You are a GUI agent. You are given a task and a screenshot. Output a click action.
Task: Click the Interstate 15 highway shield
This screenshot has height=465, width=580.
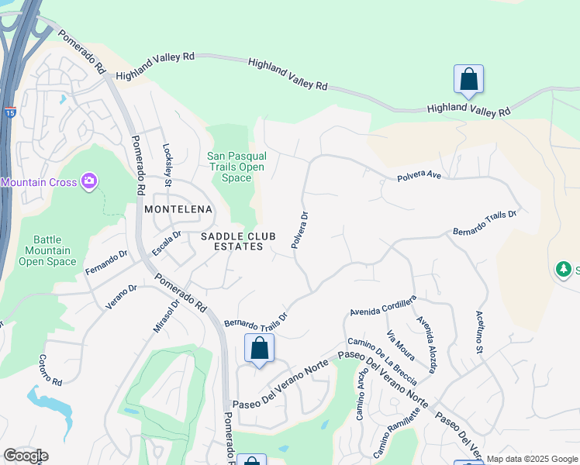(10, 112)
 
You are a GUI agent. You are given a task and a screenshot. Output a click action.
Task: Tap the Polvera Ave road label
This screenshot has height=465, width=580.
(419, 177)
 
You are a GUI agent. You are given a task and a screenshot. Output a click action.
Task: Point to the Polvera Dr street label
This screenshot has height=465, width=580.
(300, 230)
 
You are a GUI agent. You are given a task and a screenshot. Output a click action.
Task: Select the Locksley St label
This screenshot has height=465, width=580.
(167, 164)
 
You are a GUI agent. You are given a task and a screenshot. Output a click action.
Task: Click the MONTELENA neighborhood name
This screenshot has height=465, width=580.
(178, 209)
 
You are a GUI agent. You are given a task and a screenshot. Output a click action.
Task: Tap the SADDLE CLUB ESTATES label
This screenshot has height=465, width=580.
(232, 241)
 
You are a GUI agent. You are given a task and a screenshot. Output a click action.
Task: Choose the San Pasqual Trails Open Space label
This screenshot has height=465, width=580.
(236, 167)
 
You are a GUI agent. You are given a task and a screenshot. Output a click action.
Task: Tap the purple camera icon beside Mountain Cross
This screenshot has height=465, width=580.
(90, 181)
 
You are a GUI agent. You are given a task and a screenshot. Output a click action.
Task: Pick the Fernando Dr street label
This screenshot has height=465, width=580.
(107, 263)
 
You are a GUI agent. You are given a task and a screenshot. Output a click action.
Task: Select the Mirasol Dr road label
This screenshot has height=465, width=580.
(166, 316)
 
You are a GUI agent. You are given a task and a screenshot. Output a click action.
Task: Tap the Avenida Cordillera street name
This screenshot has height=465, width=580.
(383, 305)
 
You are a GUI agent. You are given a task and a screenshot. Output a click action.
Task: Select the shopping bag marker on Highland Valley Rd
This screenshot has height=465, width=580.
(468, 79)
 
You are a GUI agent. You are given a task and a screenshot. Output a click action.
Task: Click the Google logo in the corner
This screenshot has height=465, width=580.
(26, 456)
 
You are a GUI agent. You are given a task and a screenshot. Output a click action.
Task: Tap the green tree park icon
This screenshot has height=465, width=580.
(564, 269)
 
